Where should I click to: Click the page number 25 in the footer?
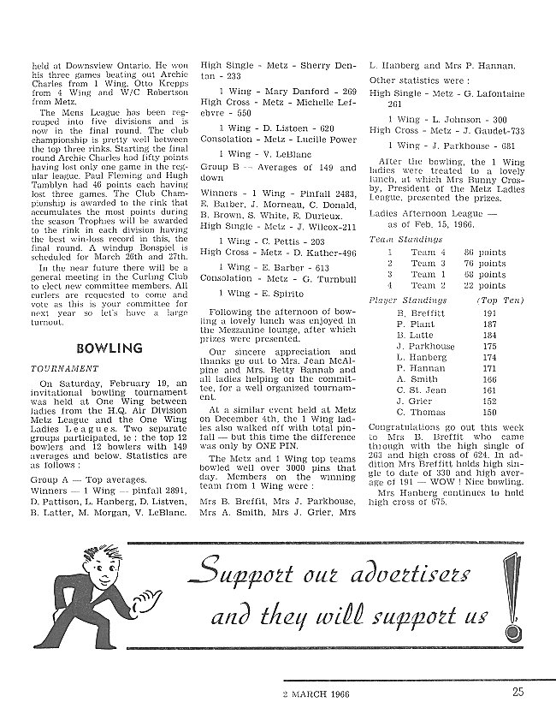(x=519, y=694)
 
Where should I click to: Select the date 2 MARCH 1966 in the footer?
(x=322, y=694)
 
